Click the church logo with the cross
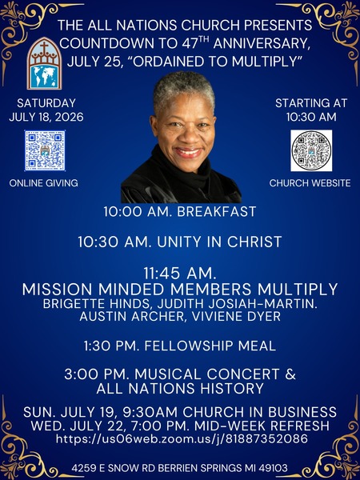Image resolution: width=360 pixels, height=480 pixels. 45,63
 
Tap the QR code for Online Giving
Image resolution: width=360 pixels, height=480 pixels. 45,150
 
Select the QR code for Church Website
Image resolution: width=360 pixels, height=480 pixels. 311,150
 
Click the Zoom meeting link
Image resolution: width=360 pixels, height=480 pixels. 182,439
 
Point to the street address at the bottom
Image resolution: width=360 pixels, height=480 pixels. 180,468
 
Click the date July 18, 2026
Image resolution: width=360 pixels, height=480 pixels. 46,117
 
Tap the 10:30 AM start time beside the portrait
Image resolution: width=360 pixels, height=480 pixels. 311,117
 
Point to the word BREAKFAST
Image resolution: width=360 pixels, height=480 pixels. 217,211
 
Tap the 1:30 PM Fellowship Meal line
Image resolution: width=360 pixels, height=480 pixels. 180,346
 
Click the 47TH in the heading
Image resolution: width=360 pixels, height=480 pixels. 195,43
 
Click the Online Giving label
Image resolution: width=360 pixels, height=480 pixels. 43,183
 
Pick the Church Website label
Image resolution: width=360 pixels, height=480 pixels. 310,183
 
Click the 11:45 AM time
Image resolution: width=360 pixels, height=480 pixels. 180,274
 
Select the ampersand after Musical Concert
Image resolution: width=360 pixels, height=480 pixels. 291,374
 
